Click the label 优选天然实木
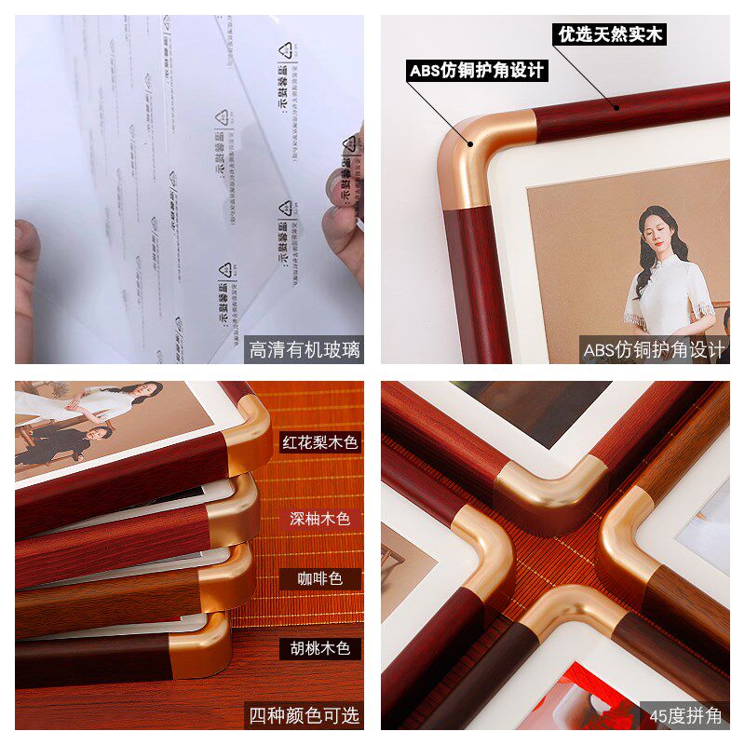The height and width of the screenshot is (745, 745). [610, 35]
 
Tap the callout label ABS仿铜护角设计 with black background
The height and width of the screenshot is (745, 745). [476, 71]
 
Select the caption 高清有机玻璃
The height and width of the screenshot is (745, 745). [305, 350]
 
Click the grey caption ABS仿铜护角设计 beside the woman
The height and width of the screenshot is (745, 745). [654, 350]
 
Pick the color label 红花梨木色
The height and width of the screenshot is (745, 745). [320, 441]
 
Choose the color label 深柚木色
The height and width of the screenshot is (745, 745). [320, 519]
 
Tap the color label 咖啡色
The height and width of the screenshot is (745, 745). [320, 579]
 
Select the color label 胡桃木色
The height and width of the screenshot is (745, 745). [320, 647]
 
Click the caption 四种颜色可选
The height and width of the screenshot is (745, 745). [305, 716]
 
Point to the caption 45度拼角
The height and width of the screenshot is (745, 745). [688, 716]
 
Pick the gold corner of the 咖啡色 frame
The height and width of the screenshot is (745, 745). [228, 573]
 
